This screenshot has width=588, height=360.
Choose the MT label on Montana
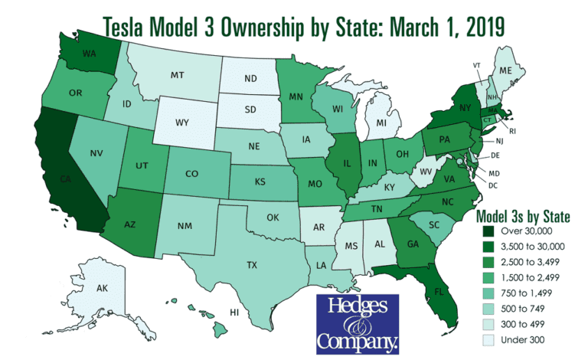point(178,75)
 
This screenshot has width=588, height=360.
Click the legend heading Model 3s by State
point(524,217)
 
